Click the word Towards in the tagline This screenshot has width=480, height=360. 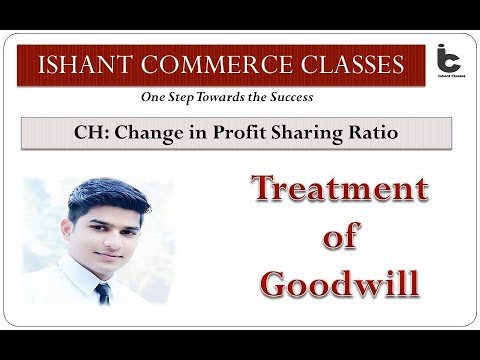[213, 99]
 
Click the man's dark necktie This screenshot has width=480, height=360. [102, 293]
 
